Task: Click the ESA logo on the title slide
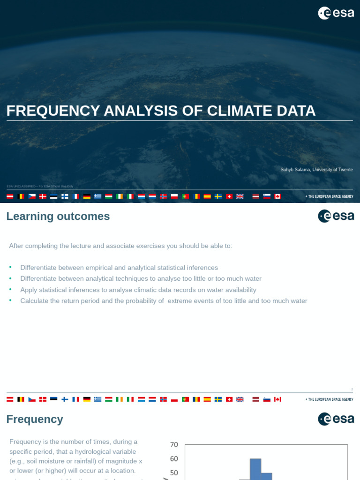pos(336,13)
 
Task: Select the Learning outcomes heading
pos(58,216)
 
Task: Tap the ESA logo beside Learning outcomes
pos(336,216)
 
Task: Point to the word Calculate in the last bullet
pos(35,301)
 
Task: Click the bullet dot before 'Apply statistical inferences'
pos(10,289)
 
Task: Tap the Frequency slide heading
pos(35,419)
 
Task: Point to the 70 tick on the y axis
pos(174,444)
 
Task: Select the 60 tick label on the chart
pos(174,458)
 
